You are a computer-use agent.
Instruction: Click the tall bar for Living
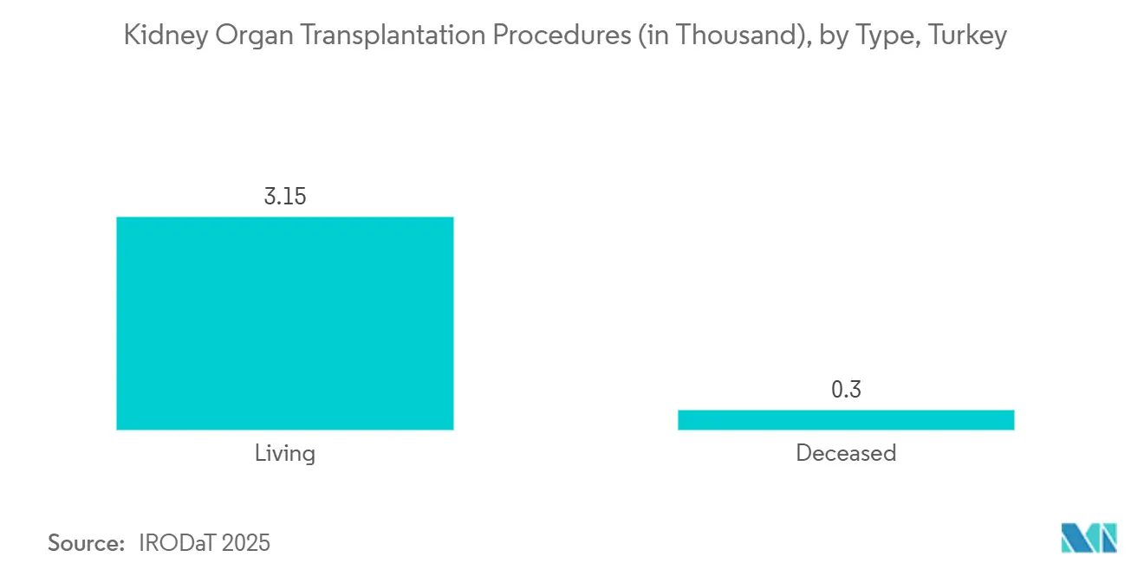tap(284, 323)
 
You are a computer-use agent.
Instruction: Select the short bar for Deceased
tap(845, 420)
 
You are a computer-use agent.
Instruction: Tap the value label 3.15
tap(285, 197)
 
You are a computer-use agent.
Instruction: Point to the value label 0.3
tap(846, 390)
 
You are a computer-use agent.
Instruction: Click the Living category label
tap(285, 453)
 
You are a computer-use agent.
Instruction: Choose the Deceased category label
tap(846, 453)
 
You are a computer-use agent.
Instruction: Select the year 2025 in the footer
tap(245, 543)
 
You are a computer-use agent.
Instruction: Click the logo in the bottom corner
tap(1089, 538)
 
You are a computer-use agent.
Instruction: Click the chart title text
tap(565, 36)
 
